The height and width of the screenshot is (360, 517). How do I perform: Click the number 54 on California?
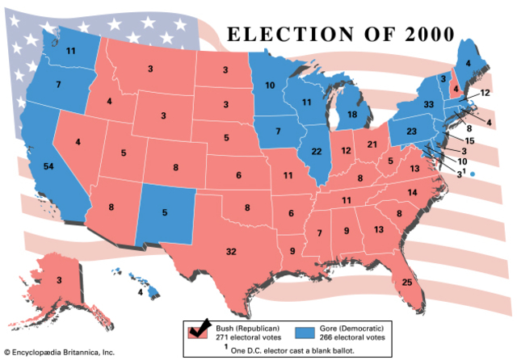point(48,165)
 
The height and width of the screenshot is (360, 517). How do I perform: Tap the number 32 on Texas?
point(231,253)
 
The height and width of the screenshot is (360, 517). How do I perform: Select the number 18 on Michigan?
point(352,115)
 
